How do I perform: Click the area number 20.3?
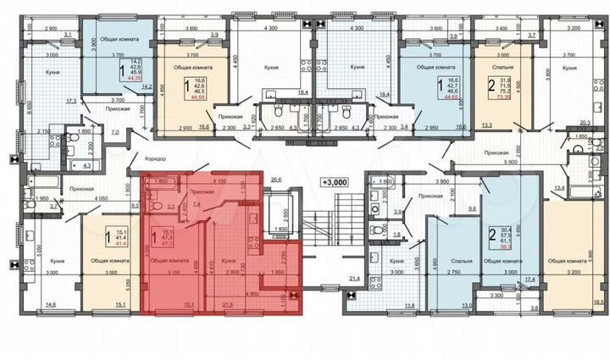pyautogui.click(x=583, y=122)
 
